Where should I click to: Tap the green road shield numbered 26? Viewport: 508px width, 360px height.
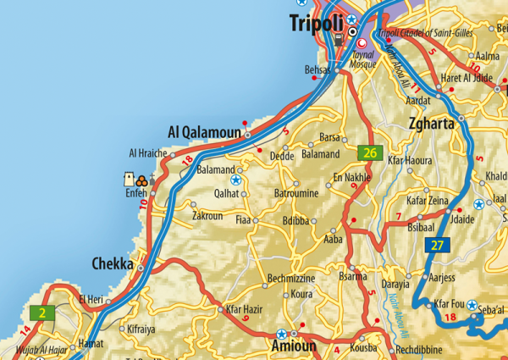click(x=368, y=153)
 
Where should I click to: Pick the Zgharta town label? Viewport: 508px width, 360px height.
click(x=432, y=124)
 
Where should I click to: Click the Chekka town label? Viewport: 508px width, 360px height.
click(x=112, y=265)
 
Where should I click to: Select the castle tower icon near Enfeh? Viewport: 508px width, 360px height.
click(x=129, y=180)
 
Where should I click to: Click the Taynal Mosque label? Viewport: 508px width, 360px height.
click(x=363, y=58)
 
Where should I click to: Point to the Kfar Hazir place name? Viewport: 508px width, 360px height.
click(x=245, y=311)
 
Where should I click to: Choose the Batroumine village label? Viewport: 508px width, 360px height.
click(x=296, y=194)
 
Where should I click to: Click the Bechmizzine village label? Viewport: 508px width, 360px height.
click(x=291, y=279)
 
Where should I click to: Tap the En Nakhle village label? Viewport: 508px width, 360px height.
click(x=352, y=177)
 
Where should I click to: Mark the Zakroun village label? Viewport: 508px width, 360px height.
click(x=208, y=216)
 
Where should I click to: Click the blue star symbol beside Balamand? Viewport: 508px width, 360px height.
click(x=236, y=180)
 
